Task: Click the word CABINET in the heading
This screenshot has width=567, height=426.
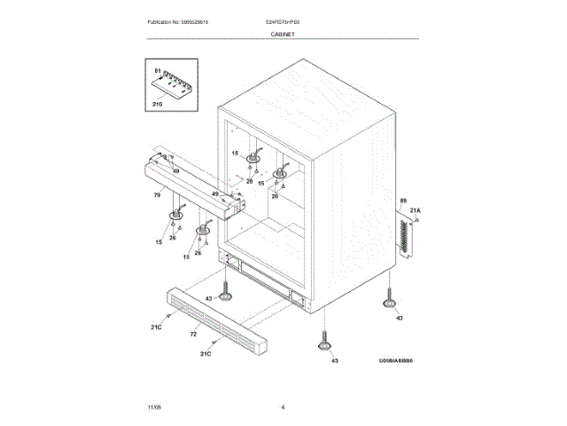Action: [283, 34]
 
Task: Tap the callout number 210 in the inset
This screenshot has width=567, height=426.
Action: [158, 105]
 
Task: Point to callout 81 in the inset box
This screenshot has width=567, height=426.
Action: [158, 70]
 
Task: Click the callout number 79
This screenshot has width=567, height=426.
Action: [157, 193]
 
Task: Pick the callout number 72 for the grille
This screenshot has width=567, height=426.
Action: [193, 335]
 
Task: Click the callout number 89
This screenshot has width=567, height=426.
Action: [402, 201]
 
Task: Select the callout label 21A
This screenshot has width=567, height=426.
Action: [416, 210]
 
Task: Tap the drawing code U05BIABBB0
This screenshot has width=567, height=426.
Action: [395, 361]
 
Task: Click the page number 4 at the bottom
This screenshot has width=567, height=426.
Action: [283, 406]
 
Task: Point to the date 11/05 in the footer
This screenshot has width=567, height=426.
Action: [154, 406]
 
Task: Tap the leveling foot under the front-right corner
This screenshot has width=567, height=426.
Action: [323, 343]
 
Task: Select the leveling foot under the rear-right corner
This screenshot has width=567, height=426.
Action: [389, 302]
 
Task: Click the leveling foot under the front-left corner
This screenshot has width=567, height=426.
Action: [227, 289]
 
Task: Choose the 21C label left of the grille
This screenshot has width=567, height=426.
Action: [155, 328]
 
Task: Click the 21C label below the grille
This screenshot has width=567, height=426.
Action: [205, 354]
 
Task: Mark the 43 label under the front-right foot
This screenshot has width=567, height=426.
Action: [334, 360]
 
